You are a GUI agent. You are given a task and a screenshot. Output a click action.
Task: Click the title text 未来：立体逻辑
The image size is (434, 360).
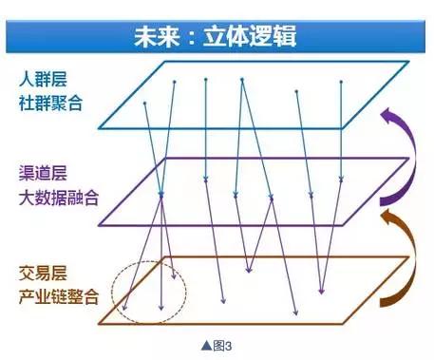pos(217,38)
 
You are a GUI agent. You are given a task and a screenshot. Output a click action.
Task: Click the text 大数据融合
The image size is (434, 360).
pos(58,198)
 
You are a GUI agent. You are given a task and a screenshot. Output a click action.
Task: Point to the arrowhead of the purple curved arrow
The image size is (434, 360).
pos(386,115)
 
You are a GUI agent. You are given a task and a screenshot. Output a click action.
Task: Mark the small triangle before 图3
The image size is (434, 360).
pos(201,346)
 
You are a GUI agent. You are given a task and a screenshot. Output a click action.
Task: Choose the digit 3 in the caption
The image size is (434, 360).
pos(229,346)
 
